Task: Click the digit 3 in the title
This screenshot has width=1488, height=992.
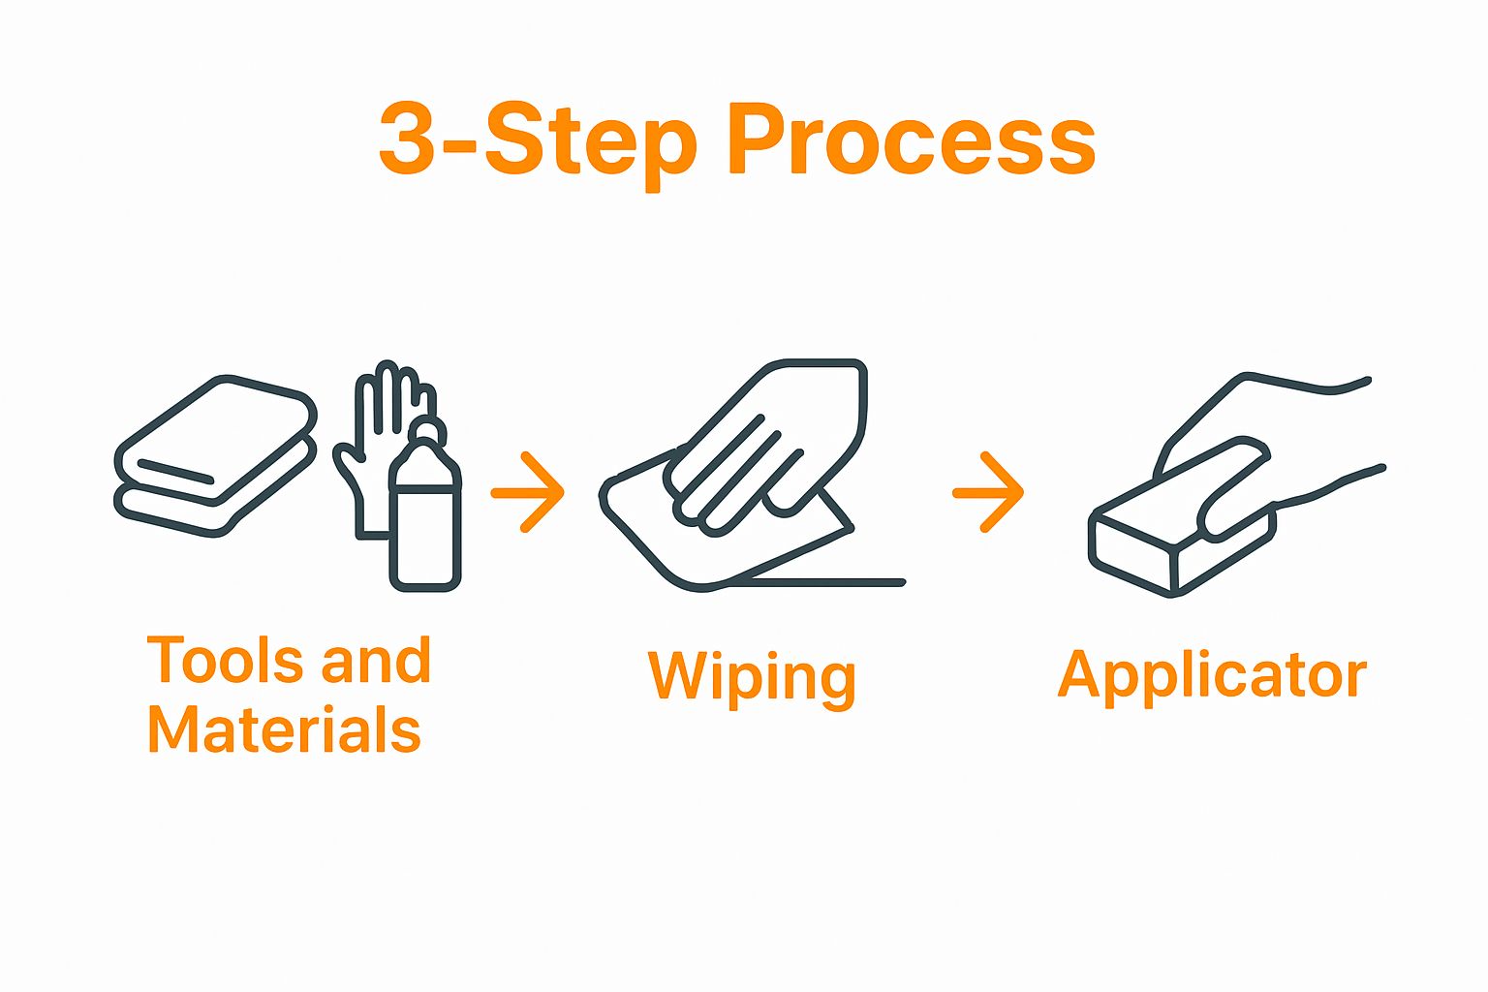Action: point(406,139)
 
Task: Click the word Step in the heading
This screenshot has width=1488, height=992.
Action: point(591,146)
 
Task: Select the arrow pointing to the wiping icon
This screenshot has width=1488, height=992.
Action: point(528,492)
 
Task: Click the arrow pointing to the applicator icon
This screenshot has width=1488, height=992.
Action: point(988,492)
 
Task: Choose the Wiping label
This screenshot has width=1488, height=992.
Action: point(752,678)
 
